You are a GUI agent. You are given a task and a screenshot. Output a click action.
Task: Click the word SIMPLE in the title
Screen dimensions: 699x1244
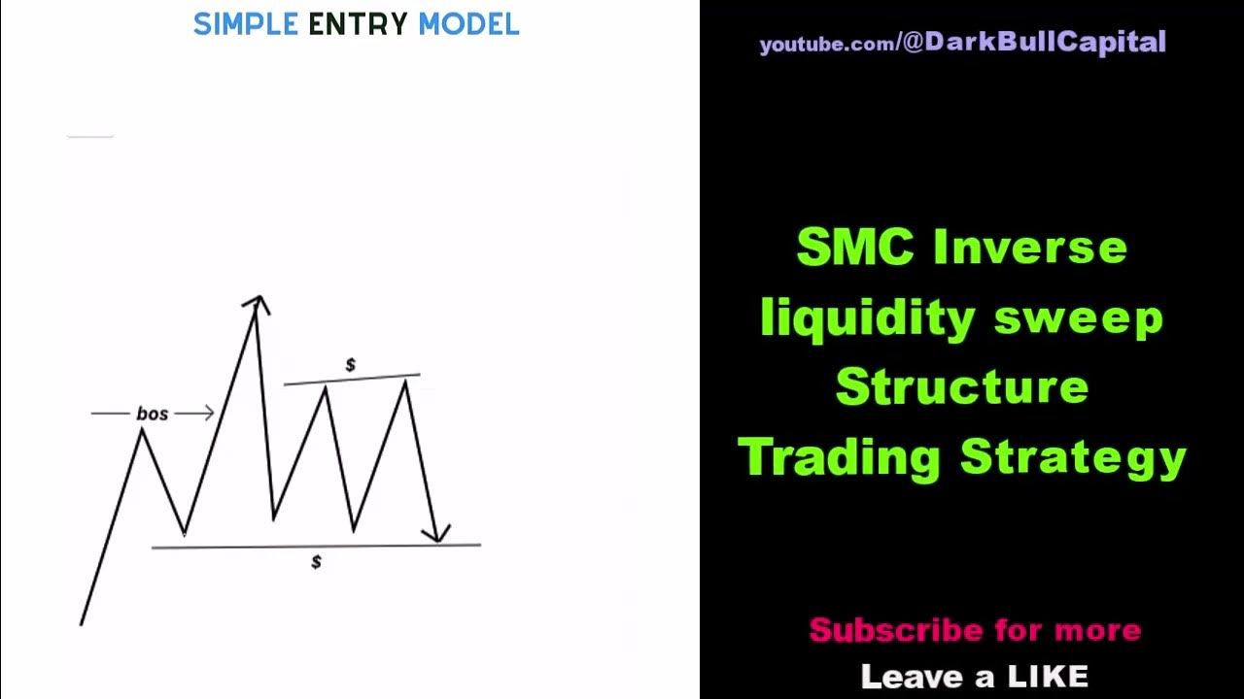pos(245,24)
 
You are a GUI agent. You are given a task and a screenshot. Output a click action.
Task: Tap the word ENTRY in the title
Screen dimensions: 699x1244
pos(358,24)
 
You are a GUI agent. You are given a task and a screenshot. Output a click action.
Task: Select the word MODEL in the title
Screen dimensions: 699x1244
pos(468,24)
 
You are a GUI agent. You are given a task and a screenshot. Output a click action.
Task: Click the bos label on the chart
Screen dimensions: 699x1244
pos(153,414)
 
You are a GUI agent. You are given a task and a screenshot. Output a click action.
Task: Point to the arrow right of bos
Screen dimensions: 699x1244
pos(195,414)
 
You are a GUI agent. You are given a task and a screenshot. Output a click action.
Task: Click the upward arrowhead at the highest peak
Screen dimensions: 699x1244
pos(257,303)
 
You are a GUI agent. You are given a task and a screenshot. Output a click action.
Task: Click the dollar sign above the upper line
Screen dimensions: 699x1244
pos(351,365)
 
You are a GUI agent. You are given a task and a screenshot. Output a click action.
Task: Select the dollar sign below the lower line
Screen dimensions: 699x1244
pos(316,562)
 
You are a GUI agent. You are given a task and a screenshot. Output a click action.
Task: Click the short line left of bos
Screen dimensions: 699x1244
pos(110,414)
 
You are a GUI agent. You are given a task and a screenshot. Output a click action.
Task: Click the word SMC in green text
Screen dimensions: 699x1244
pos(854,248)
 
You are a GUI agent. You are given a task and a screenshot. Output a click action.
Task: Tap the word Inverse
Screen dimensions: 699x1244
pos(1029,248)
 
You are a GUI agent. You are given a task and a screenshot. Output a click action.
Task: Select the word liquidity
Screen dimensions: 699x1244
pos(853,318)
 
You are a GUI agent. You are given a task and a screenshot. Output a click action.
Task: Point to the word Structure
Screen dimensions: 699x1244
pos(961,387)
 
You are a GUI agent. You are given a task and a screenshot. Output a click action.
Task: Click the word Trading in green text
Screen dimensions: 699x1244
pos(839,457)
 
